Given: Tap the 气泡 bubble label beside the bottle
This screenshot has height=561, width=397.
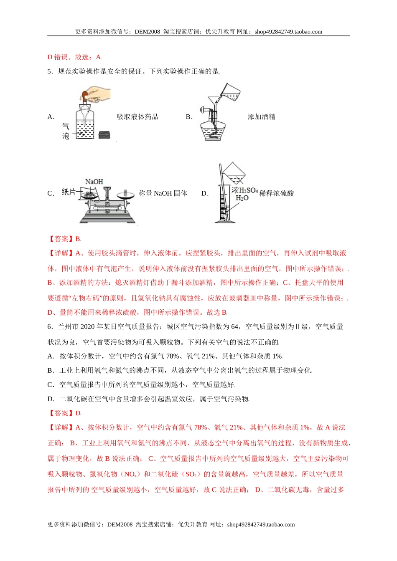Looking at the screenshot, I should click(66, 131).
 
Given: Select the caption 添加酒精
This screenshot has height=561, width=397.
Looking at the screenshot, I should click(261, 117).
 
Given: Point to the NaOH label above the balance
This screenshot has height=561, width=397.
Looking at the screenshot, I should click(94, 182).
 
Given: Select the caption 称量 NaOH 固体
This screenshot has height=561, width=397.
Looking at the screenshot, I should click(163, 193).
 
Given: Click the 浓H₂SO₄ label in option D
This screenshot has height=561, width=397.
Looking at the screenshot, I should click(245, 190).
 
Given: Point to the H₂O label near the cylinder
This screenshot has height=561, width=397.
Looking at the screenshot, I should click(242, 198).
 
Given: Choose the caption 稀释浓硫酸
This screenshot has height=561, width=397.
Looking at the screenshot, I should click(277, 193).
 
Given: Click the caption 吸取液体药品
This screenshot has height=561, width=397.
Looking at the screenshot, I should click(137, 117).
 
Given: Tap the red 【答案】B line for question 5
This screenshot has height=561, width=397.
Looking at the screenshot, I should click(64, 239).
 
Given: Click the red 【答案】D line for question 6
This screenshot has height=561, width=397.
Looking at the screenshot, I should click(64, 413).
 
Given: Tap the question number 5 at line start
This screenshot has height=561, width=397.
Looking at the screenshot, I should click(50, 71).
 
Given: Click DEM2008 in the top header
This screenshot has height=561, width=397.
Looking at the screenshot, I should click(147, 32).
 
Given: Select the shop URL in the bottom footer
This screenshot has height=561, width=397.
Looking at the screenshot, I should click(261, 525).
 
